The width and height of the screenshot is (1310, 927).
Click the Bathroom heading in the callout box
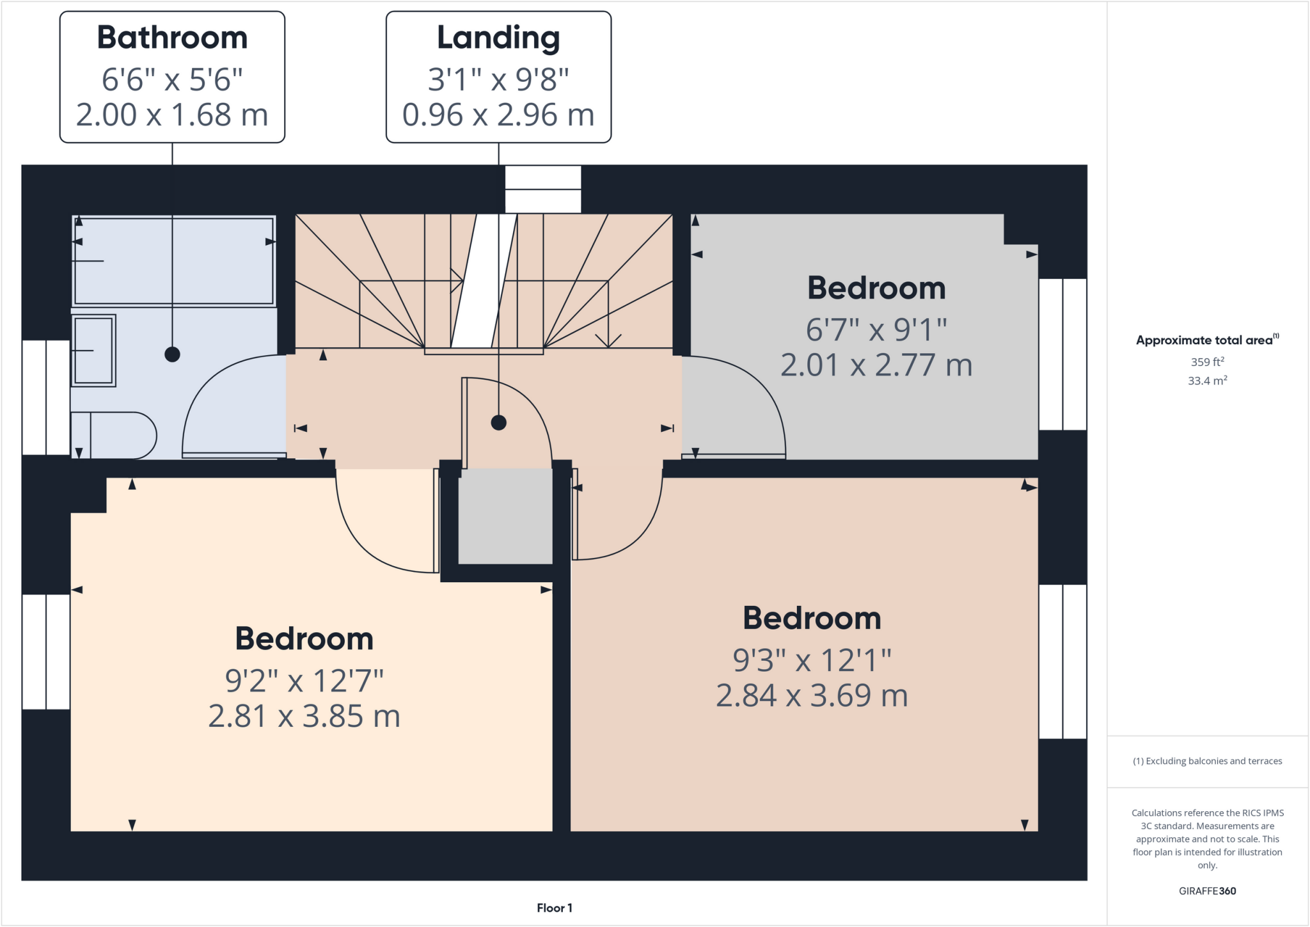[x=172, y=38]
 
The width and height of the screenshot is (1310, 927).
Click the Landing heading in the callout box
[x=498, y=38]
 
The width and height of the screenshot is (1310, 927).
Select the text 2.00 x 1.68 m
[x=172, y=115]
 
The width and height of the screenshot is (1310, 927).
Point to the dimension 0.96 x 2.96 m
[x=498, y=115]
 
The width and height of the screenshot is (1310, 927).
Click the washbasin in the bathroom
[x=93, y=351]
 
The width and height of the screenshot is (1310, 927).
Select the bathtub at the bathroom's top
[x=173, y=261]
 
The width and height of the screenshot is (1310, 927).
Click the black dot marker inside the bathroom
[x=172, y=354]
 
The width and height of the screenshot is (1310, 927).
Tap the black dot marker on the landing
[x=499, y=423]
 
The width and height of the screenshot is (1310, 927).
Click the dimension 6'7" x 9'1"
[x=876, y=330]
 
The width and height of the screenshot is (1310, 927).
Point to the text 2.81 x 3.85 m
[x=304, y=717]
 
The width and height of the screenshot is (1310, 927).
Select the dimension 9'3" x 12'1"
[x=812, y=660]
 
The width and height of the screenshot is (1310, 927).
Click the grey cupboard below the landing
[x=505, y=516]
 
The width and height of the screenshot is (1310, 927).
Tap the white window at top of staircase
[x=543, y=189]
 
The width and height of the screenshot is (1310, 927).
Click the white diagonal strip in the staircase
[x=484, y=281]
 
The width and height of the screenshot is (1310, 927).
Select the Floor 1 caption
[x=555, y=908]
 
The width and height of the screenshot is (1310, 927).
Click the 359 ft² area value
[x=1207, y=362]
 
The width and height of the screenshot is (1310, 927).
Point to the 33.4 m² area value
[x=1207, y=381]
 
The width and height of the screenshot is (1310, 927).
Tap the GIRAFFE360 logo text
[x=1207, y=891]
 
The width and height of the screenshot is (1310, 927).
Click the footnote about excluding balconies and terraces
[x=1207, y=761]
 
